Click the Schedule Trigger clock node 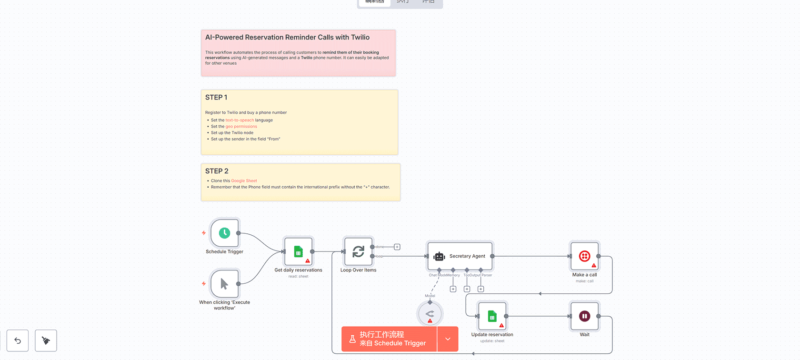point(224,233)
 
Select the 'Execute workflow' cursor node point(224,284)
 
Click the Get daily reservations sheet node point(298,251)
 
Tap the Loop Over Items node point(358,251)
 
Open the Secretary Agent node point(460,256)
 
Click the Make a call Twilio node point(584,256)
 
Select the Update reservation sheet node point(492,316)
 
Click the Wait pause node point(584,316)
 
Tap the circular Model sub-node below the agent point(430,314)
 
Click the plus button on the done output point(397,247)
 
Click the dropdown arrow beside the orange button point(448,339)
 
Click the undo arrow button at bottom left point(18,340)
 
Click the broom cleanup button point(46,340)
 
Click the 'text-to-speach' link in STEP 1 point(240,120)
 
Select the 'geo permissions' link point(241,127)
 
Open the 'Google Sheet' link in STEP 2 point(244,181)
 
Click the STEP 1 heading point(216,97)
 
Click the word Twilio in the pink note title point(360,37)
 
